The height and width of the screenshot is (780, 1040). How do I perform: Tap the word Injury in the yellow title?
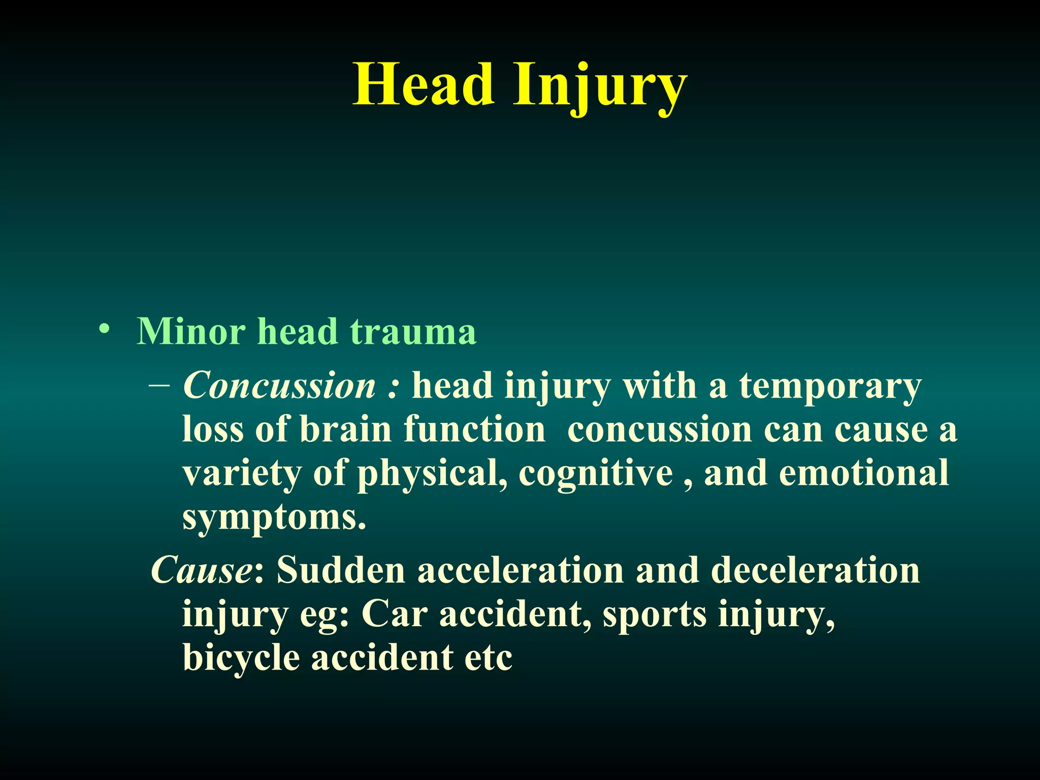tap(600, 86)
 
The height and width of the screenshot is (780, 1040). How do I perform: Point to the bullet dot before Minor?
tap(104, 329)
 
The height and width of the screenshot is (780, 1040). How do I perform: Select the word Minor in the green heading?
tap(191, 332)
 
